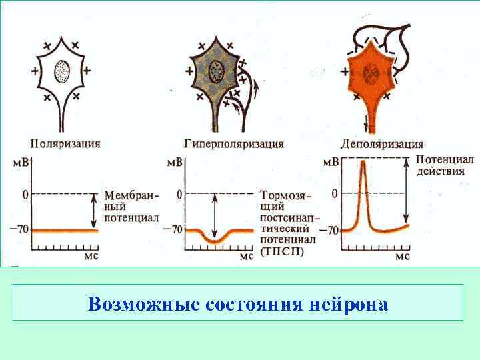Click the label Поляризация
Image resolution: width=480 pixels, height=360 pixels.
(65, 143)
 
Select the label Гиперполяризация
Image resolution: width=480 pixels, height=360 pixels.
(233, 143)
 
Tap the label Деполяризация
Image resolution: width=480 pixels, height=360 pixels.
(381, 143)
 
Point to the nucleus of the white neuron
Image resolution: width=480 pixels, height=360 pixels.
(61, 69)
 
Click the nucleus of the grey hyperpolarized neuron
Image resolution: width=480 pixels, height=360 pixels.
(216, 69)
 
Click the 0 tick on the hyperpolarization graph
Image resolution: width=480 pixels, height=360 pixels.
(179, 194)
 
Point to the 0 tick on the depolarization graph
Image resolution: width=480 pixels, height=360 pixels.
(334, 193)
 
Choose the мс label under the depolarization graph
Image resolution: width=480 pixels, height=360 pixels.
(402, 255)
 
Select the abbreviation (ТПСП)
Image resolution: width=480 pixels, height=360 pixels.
(282, 251)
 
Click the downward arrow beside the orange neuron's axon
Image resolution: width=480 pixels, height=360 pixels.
(366, 123)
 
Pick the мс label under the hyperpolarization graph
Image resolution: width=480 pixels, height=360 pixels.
(246, 255)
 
